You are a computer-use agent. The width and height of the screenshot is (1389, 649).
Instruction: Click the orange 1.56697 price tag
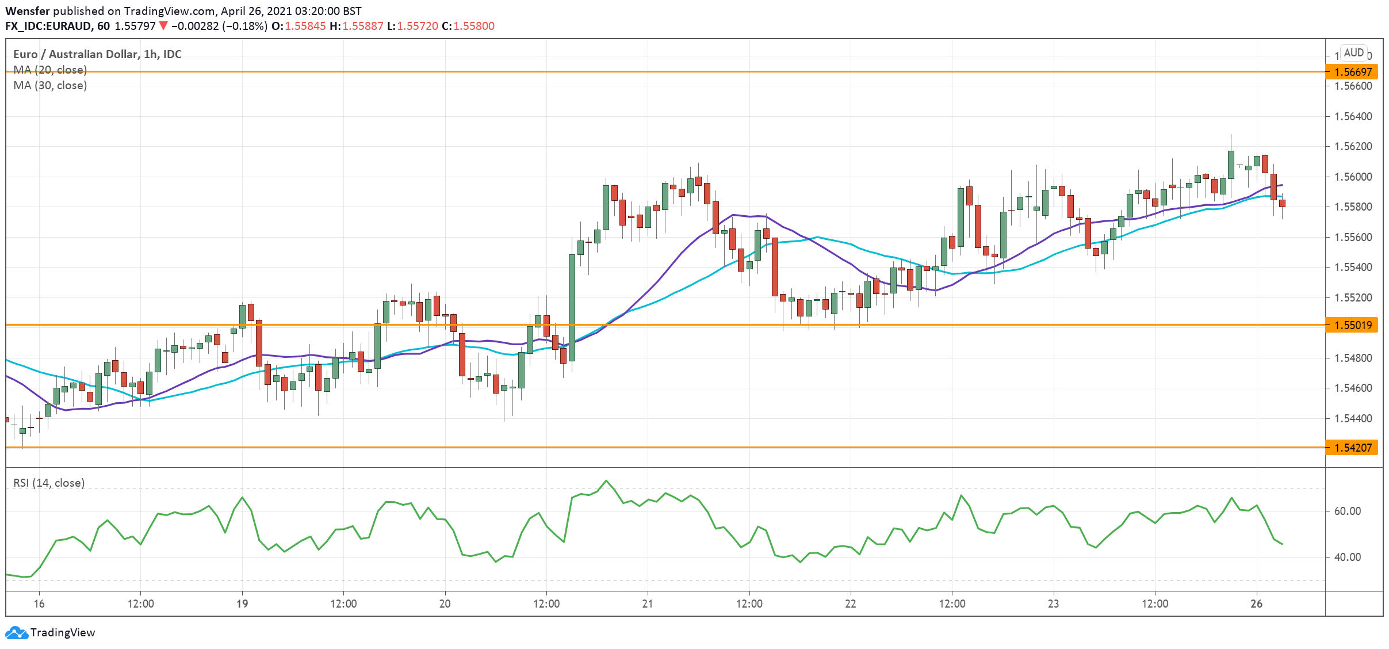coord(1352,72)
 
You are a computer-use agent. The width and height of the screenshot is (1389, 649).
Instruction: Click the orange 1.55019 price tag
coord(1352,325)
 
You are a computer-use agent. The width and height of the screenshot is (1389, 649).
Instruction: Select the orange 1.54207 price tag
coord(1352,448)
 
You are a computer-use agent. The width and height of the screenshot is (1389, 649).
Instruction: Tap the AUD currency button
coord(1353,53)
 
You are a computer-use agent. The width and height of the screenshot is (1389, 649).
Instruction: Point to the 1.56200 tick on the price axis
coord(1352,147)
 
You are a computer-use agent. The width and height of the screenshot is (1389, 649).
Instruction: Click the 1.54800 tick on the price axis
coord(1352,358)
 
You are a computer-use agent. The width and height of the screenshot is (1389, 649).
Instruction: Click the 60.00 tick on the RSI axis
coord(1347,511)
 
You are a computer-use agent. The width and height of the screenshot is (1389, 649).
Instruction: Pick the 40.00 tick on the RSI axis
coord(1347,557)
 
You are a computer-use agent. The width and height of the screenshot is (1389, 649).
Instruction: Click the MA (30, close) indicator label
coord(50,86)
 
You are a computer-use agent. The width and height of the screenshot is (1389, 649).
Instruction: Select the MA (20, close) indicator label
coord(50,70)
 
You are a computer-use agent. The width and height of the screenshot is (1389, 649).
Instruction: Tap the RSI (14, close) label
coord(49,483)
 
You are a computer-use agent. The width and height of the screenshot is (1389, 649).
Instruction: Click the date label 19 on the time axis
coord(242,604)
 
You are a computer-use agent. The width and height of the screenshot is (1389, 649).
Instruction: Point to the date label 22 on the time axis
coord(850,604)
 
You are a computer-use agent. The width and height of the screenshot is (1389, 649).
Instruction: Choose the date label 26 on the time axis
coord(1257,604)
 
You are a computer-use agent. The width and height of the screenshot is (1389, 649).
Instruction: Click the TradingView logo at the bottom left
coord(51,632)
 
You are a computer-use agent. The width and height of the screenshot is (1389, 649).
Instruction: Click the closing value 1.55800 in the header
coord(473,26)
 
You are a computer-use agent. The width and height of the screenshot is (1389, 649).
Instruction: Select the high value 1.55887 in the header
coord(362,26)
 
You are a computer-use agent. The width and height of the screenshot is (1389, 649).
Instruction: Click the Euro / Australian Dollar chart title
coord(97,54)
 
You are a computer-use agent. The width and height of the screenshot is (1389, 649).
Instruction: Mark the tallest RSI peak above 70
coord(606,481)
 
